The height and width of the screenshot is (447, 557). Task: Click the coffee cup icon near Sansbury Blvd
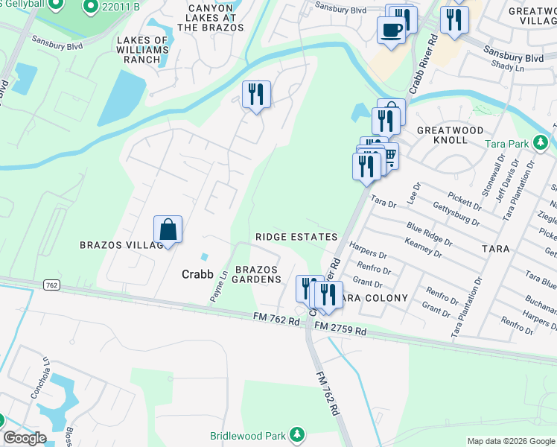coord(392,31)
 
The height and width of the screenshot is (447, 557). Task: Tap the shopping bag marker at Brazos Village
coord(168,229)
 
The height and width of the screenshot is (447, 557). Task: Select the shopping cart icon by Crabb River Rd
coord(389,155)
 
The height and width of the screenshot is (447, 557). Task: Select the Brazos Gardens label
coord(258,274)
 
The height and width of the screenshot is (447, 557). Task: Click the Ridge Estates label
coord(296,237)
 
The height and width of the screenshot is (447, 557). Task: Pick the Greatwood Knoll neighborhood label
coord(450,135)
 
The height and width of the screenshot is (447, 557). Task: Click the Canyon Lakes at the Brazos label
coord(211,17)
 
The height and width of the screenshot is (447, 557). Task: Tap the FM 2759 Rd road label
coord(340,329)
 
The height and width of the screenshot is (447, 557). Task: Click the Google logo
coord(25,438)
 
